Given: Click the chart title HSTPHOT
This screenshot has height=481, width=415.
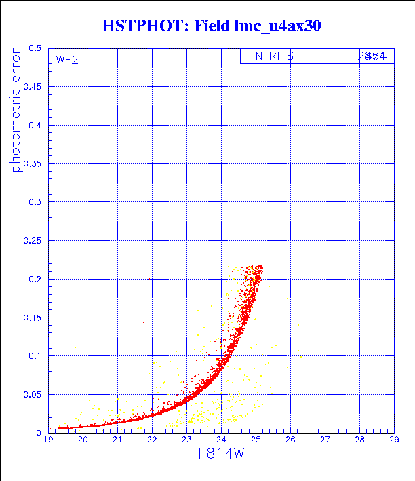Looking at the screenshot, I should (x=146, y=26).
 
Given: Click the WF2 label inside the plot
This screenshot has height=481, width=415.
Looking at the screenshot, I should (x=66, y=60).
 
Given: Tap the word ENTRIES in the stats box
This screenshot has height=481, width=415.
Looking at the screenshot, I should (x=271, y=57).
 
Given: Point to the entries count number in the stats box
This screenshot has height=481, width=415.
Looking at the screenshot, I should (x=372, y=57).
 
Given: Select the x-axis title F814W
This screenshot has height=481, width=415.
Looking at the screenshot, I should (x=221, y=455).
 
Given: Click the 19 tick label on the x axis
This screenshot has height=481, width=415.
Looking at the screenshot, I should (x=48, y=440).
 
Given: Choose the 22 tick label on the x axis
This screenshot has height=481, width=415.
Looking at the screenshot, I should (x=152, y=440).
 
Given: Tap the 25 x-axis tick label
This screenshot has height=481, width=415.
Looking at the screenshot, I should (x=256, y=440).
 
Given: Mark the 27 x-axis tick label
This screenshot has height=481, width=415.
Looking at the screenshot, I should (x=325, y=440).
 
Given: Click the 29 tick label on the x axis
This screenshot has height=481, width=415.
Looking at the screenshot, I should (x=394, y=440).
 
